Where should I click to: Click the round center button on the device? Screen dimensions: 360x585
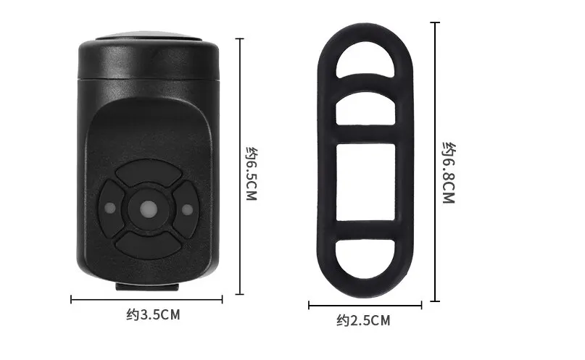click(148, 209)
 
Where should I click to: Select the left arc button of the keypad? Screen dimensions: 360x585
click(112, 209)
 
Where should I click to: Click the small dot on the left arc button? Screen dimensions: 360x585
click(110, 209)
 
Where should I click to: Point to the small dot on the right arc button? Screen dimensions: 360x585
click(186, 209)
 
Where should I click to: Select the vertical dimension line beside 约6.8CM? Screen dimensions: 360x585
click(436, 161)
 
